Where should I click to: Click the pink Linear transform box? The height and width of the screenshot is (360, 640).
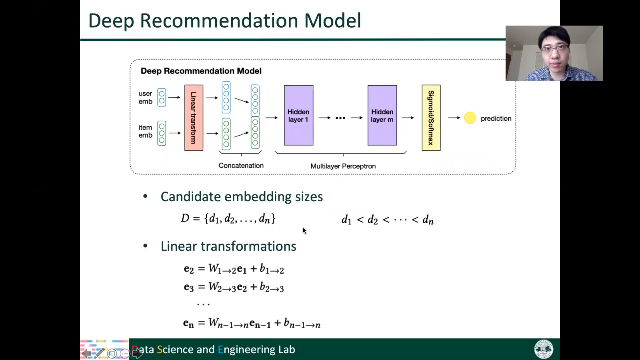click(194, 118)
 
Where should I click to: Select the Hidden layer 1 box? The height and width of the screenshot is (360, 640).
click(299, 115)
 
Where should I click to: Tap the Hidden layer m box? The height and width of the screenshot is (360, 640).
click(382, 115)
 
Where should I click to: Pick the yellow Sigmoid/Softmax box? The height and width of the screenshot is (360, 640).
click(431, 118)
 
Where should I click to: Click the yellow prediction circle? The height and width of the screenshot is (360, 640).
click(470, 118)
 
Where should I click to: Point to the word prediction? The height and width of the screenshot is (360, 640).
click(496, 118)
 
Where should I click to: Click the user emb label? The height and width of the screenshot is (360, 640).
click(145, 97)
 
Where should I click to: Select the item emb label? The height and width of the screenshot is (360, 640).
click(145, 131)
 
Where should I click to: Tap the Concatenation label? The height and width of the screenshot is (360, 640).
click(241, 165)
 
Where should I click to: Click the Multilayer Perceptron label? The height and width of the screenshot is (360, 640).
click(343, 166)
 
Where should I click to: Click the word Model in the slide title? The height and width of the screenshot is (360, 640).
click(333, 21)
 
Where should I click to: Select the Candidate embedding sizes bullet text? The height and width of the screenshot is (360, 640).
click(242, 197)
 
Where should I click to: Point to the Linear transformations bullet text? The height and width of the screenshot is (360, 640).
click(228, 246)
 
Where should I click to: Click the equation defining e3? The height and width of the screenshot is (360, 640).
click(234, 287)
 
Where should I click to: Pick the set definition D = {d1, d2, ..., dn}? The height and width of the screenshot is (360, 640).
click(228, 219)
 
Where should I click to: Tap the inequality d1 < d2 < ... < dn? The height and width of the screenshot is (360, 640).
click(388, 220)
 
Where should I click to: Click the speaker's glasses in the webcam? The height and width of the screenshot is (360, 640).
click(555, 50)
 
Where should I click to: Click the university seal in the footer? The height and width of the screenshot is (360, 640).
click(544, 349)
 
